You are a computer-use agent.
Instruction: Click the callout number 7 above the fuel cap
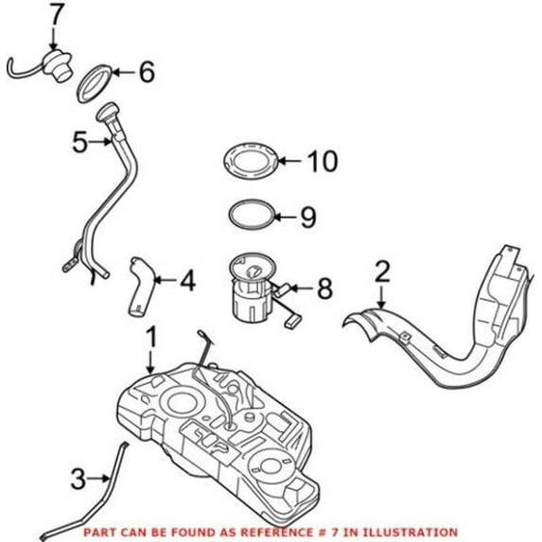click(x=57, y=14)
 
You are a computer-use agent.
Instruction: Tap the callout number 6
click(x=147, y=72)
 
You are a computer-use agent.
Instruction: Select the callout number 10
click(x=323, y=161)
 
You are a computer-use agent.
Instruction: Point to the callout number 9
click(x=308, y=217)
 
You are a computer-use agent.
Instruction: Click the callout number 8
click(x=324, y=288)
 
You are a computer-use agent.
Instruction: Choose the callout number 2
click(x=382, y=271)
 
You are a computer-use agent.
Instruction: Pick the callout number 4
click(x=187, y=280)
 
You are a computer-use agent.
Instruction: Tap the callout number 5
click(x=80, y=142)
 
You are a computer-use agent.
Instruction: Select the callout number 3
click(x=79, y=479)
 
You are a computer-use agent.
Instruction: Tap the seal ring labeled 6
click(x=95, y=84)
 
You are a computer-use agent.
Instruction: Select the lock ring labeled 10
click(x=251, y=161)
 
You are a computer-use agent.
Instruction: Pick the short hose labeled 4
click(x=141, y=286)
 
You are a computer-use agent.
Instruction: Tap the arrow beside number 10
click(x=290, y=161)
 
